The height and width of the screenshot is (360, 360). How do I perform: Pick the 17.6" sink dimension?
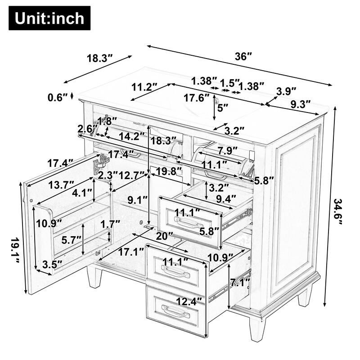click(197, 98)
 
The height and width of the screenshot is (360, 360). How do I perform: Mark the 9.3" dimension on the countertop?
click(301, 104)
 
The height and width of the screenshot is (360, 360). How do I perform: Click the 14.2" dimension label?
click(127, 136)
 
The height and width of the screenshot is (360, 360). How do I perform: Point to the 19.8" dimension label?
click(170, 171)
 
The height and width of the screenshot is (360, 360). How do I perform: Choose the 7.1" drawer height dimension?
click(239, 283)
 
